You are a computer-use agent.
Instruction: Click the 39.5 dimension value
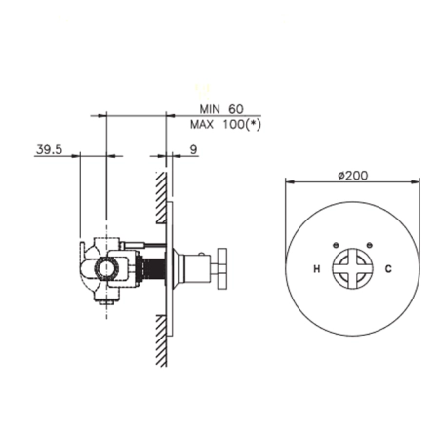click(x=49, y=150)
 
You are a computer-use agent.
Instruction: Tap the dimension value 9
click(x=193, y=150)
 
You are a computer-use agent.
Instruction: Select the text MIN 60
click(x=221, y=109)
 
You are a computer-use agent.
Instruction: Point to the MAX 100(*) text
click(x=225, y=124)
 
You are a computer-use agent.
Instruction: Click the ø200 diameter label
click(x=353, y=176)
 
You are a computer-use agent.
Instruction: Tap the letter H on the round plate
click(x=317, y=269)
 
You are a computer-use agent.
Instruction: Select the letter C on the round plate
click(x=388, y=269)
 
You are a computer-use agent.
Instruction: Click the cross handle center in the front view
click(x=352, y=268)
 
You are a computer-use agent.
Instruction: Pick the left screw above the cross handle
click(x=337, y=245)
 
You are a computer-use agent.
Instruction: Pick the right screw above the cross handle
click(x=369, y=245)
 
